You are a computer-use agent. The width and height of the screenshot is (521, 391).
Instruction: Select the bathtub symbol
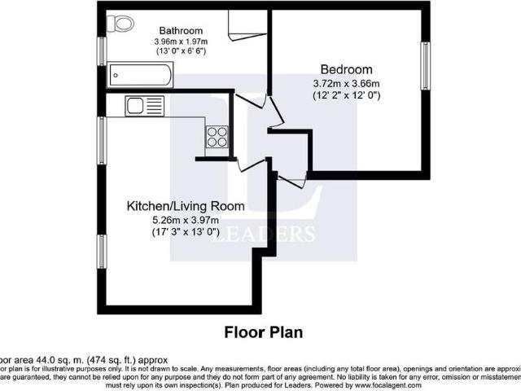click(139, 78)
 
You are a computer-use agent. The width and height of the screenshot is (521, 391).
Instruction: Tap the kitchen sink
click(135, 105)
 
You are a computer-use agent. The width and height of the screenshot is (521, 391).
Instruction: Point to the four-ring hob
click(217, 136)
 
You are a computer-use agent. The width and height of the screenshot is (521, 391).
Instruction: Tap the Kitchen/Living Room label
click(185, 206)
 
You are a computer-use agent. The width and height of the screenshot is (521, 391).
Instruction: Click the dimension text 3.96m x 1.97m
click(182, 42)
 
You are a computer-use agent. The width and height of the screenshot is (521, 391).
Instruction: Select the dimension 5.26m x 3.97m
click(185, 220)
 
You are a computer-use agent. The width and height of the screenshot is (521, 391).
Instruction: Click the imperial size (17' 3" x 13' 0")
click(185, 232)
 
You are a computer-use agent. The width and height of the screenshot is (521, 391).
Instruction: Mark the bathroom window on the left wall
click(101, 50)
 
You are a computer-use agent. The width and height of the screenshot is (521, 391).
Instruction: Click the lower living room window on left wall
click(101, 257)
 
